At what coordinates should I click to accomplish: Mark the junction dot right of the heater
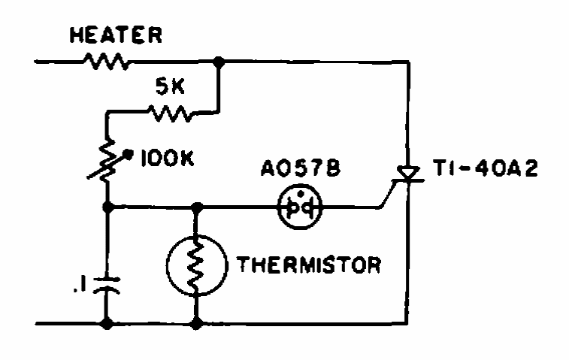[x=219, y=62]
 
